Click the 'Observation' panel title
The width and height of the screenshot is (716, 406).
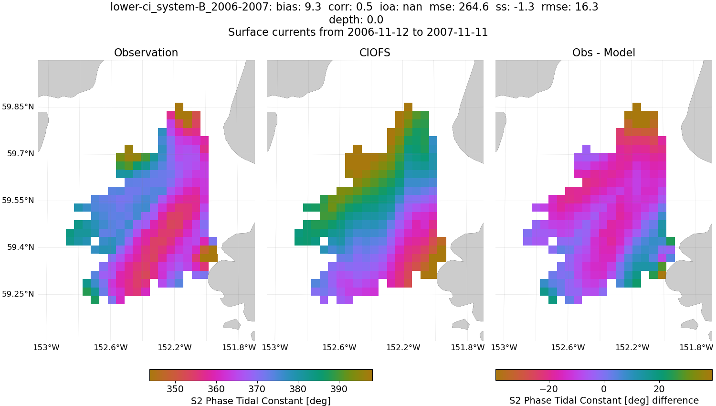coord(146,53)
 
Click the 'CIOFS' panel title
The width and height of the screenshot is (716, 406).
coord(375,53)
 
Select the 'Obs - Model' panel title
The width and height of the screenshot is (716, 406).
coord(603,53)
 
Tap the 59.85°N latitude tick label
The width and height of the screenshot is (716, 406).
coord(18,107)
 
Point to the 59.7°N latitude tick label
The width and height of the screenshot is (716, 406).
coord(21,153)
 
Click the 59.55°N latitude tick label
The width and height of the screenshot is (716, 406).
coord(18,200)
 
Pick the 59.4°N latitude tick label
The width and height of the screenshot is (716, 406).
coord(21,247)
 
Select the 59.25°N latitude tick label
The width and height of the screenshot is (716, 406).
coord(18,294)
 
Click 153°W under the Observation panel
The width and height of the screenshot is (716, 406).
coord(46,347)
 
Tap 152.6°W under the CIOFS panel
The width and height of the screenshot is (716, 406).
coord(339,347)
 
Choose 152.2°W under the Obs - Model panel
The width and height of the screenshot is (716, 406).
coord(632,347)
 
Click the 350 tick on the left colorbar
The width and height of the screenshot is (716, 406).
coord(176,389)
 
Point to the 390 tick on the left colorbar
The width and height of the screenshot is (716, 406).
coord(339,389)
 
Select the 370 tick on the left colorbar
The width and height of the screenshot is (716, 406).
coord(257,389)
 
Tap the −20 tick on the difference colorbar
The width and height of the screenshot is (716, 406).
coord(548,389)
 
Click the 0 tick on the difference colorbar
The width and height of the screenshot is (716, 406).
coord(604,389)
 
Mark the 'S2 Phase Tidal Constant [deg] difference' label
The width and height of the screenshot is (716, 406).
coord(604,400)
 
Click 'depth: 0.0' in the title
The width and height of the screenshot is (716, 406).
coord(356,20)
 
